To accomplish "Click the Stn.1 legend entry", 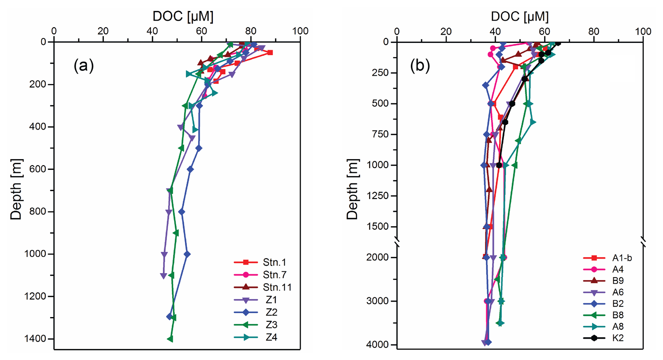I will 274,263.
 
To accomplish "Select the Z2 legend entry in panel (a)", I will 271,312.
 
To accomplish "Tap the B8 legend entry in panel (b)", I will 618,315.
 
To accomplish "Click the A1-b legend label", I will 622,258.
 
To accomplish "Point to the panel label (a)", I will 84,66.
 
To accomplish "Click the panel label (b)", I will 420,66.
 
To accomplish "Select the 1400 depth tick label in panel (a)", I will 35,339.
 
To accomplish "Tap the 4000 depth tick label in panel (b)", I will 377,345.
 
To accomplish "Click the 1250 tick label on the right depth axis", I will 377,196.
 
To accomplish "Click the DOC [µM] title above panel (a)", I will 183,16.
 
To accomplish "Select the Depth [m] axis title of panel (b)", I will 352,189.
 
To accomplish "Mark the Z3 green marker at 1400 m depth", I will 170,339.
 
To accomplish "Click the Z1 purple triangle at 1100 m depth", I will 163,276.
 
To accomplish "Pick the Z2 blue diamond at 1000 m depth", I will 187,254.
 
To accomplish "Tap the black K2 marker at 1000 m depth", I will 499,165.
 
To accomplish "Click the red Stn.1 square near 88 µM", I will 270,53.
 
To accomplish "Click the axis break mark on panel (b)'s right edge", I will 643,242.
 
